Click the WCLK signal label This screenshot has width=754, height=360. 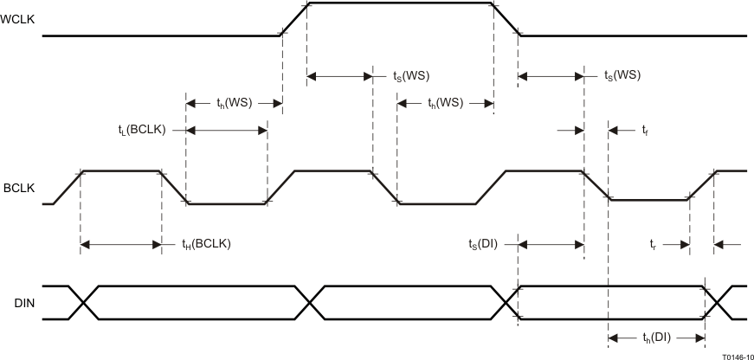18,16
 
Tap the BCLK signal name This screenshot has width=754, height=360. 16,187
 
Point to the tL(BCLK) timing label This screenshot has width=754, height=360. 141,130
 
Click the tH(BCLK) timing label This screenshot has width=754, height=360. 206,245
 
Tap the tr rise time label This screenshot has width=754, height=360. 655,245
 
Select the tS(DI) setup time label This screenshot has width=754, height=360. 486,245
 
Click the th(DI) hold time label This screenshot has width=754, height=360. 656,337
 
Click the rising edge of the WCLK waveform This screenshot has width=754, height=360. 295,18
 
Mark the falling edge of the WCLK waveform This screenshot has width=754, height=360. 506,18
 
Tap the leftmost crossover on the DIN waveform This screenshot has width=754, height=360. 84,303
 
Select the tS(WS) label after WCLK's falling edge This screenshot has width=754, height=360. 622,76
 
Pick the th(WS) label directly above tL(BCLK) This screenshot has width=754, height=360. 234,102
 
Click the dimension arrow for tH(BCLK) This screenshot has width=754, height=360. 120,245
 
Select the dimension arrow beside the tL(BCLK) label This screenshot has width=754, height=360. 226,130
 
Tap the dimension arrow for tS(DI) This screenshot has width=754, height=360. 551,245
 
